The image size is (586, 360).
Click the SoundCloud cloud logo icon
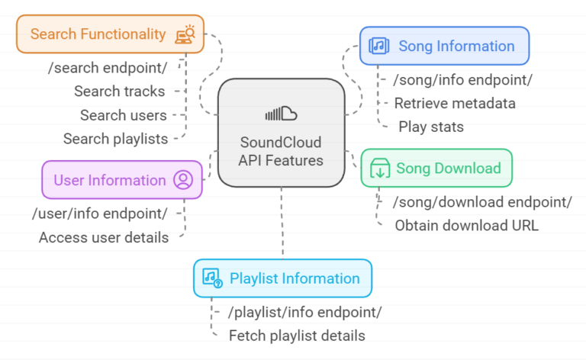[281, 114]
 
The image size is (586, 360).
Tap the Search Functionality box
[110, 34]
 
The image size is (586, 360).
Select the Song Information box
[444, 46]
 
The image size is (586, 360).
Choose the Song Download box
[436, 169]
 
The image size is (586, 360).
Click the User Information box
[122, 180]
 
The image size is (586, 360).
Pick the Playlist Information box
[282, 278]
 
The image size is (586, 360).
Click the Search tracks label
[120, 92]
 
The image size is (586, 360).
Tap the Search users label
[124, 115]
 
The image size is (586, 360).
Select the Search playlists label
[115, 139]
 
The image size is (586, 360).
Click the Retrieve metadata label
[455, 103]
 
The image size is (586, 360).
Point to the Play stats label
[430, 127]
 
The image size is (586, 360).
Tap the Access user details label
[104, 237]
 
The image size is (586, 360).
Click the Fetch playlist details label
[297, 336]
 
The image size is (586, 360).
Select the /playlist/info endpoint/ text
[305, 312]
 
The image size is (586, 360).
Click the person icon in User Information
[183, 180]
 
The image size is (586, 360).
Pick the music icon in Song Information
[379, 46]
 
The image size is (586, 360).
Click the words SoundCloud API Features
[281, 151]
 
